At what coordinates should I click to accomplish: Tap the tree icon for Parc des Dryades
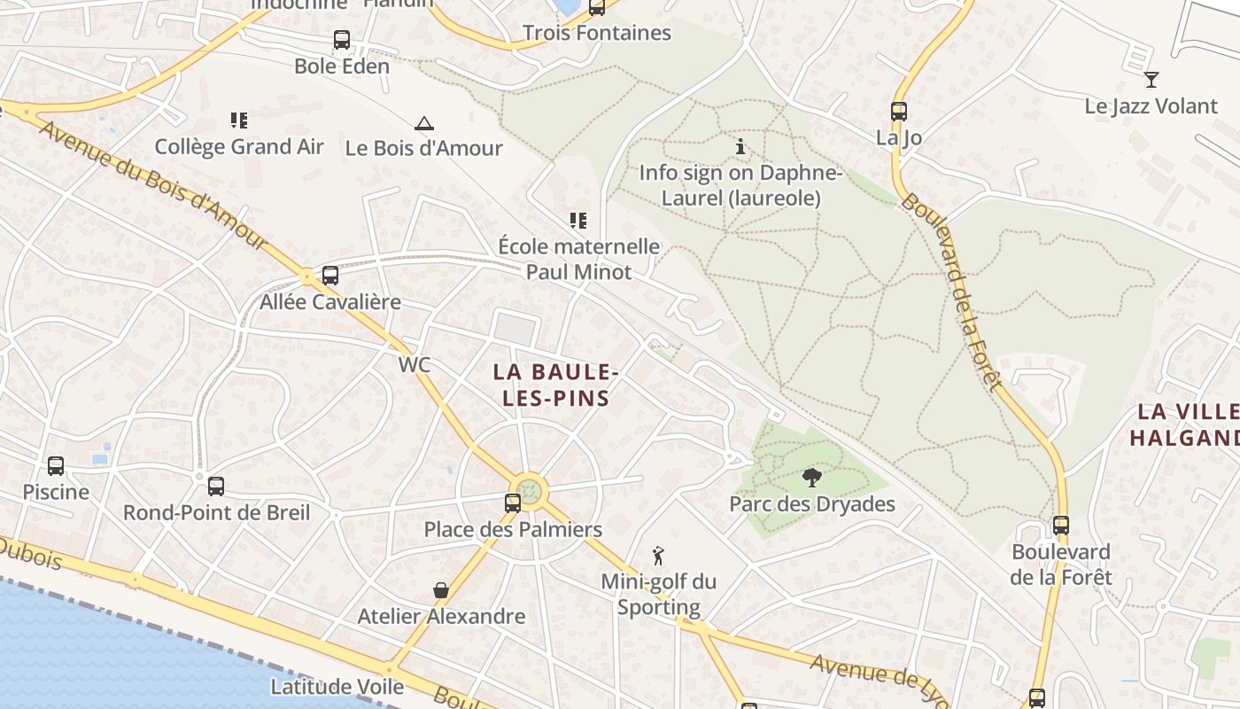pyautogui.click(x=811, y=479)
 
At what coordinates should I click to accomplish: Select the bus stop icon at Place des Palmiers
pyautogui.click(x=513, y=503)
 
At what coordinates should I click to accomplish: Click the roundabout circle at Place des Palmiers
pyautogui.click(x=530, y=490)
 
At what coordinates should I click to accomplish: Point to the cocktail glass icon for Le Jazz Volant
pyautogui.click(x=1151, y=80)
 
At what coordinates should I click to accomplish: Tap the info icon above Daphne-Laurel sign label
pyautogui.click(x=740, y=146)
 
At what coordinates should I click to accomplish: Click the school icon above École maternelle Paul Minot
pyautogui.click(x=578, y=221)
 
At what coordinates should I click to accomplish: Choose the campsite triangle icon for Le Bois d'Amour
pyautogui.click(x=424, y=123)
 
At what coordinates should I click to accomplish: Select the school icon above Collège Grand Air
pyautogui.click(x=238, y=121)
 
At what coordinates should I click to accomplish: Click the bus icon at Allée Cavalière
pyautogui.click(x=330, y=276)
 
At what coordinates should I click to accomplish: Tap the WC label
pyautogui.click(x=415, y=364)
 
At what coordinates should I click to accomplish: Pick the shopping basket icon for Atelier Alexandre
pyautogui.click(x=440, y=590)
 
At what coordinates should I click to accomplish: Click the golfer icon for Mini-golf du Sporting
pyautogui.click(x=658, y=556)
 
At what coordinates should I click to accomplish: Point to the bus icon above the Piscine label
pyautogui.click(x=56, y=466)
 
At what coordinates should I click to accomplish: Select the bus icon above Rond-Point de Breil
pyautogui.click(x=216, y=487)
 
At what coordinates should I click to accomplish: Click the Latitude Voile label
pyautogui.click(x=337, y=686)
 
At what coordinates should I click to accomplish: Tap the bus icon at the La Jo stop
pyautogui.click(x=899, y=112)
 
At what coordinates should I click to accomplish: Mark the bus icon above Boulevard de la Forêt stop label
pyautogui.click(x=1061, y=526)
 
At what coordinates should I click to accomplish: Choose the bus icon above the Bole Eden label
pyautogui.click(x=342, y=40)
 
